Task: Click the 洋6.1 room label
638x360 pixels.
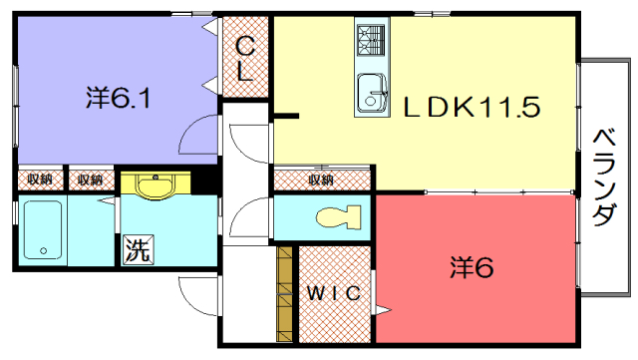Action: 118,98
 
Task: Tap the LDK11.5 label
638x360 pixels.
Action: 472,108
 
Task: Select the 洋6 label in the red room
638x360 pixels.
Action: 472,267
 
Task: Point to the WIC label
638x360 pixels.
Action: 334,293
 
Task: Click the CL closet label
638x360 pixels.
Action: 245,58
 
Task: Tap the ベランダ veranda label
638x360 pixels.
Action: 604,178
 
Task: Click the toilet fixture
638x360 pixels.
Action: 339,216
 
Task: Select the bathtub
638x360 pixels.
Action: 43,229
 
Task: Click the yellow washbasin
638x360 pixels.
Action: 156,185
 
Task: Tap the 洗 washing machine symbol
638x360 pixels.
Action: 139,249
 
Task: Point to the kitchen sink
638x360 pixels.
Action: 372,94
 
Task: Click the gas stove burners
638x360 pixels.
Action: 371,40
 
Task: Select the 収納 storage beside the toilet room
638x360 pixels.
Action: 322,180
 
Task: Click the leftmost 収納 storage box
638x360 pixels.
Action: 41,180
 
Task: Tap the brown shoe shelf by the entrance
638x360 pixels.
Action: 284,294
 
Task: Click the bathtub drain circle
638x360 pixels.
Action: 44,251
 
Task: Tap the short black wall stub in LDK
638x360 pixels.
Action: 286,116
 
